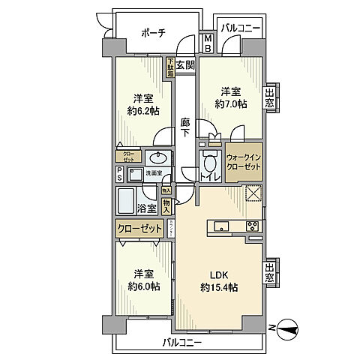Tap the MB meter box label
[x=208, y=43]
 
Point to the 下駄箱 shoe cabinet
[x=170, y=68]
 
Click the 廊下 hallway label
[x=185, y=127]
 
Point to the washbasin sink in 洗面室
[x=158, y=158]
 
